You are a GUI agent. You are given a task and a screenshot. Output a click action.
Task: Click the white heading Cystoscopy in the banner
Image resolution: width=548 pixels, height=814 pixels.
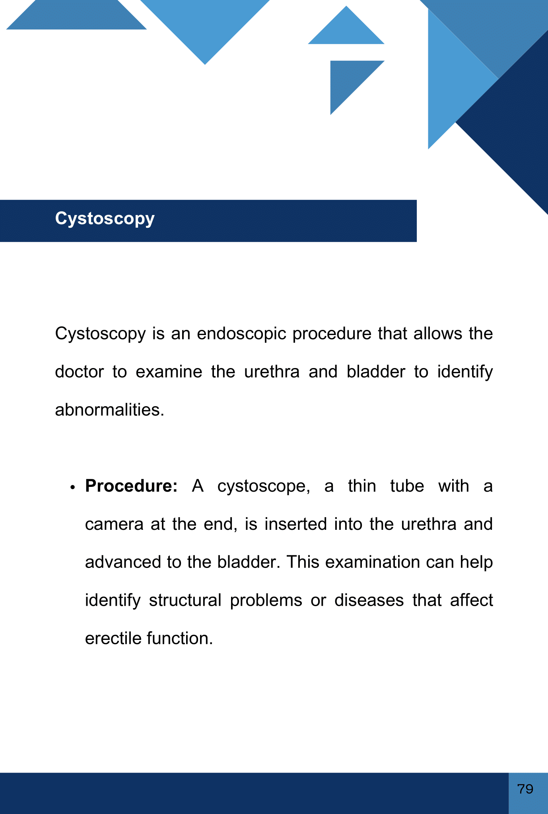(105, 219)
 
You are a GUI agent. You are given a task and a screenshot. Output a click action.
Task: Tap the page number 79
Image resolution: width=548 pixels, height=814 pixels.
(525, 789)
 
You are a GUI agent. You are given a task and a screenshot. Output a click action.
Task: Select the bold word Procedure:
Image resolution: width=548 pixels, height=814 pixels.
(131, 486)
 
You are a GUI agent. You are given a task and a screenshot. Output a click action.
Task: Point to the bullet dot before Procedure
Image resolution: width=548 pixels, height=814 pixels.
(72, 488)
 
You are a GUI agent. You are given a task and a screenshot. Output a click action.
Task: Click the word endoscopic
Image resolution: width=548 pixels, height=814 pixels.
(241, 333)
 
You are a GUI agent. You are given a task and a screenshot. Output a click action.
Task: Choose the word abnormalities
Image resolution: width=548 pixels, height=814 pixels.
(109, 410)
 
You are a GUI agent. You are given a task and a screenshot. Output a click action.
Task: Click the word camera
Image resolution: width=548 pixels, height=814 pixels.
(114, 524)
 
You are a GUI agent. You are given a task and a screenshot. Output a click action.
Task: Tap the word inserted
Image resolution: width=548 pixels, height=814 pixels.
(296, 524)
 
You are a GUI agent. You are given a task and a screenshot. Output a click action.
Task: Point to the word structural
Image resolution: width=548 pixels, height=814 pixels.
(185, 600)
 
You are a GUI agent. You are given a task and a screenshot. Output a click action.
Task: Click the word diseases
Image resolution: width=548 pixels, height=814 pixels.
(369, 600)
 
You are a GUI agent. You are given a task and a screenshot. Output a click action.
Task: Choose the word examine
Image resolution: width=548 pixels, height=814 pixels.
(169, 372)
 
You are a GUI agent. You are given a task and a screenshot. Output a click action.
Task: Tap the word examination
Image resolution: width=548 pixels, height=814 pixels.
(373, 562)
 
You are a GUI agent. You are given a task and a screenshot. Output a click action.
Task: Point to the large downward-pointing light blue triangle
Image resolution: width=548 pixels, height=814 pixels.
(205, 24)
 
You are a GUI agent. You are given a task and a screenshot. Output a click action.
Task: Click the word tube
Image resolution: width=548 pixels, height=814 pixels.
(407, 486)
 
